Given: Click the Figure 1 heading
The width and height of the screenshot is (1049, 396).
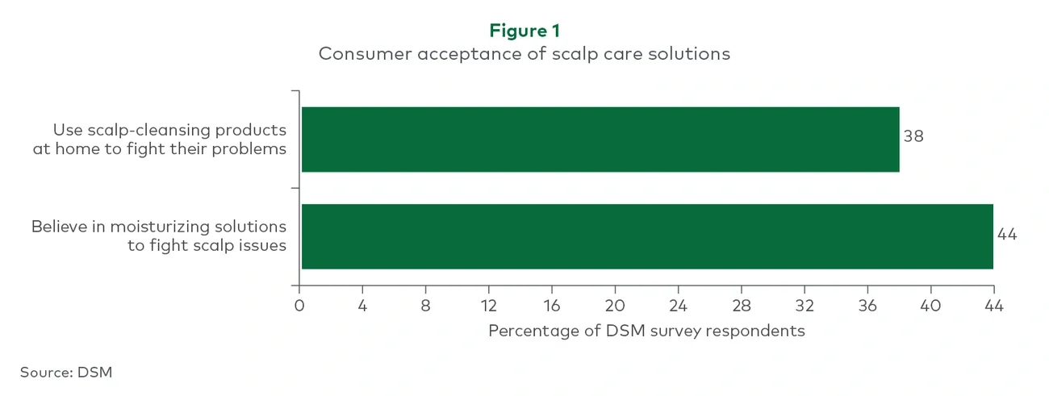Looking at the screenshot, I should tap(524, 31).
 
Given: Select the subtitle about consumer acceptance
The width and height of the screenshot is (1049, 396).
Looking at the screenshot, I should tap(524, 54).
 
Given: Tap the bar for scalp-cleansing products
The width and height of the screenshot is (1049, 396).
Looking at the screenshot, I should tap(600, 140).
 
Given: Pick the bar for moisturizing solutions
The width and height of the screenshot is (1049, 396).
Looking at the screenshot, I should tap(646, 236).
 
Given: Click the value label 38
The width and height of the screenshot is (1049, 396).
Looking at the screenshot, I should tap(913, 136).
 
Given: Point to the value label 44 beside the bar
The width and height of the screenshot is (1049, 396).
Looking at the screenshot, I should tap(1007, 235).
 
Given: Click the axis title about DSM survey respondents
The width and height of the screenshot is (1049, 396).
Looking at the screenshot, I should tap(646, 331).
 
